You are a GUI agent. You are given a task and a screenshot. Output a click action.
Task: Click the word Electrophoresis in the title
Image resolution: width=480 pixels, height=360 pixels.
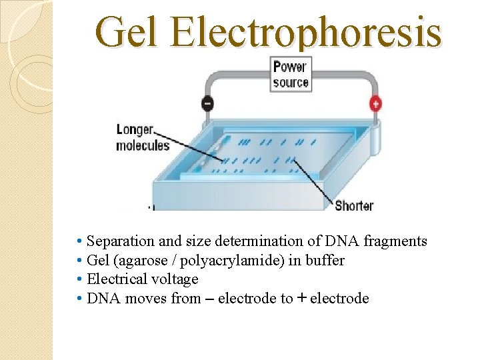pyautogui.click(x=305, y=33)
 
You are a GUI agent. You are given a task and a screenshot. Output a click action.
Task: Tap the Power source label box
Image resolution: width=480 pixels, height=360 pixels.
pyautogui.click(x=291, y=75)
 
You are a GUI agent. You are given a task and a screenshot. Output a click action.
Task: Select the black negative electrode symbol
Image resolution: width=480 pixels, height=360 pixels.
pyautogui.click(x=207, y=105)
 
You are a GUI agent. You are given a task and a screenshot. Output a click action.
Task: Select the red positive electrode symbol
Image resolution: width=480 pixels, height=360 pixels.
pyautogui.click(x=375, y=104)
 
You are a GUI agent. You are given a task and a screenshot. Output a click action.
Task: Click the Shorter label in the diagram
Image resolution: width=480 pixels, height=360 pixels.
pyautogui.click(x=353, y=205)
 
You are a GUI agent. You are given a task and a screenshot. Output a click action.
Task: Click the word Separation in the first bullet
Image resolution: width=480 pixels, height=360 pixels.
pyautogui.click(x=121, y=241)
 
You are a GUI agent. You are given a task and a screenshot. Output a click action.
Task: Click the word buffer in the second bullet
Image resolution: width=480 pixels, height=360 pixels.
pyautogui.click(x=325, y=260)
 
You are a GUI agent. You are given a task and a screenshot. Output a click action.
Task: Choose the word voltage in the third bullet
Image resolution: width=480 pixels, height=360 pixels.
pyautogui.click(x=175, y=279)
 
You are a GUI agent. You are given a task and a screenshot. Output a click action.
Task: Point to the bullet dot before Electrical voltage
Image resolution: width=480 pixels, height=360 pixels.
pyautogui.click(x=79, y=279)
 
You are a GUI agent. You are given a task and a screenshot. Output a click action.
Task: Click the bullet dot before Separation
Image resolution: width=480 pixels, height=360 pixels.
pyautogui.click(x=79, y=241)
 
